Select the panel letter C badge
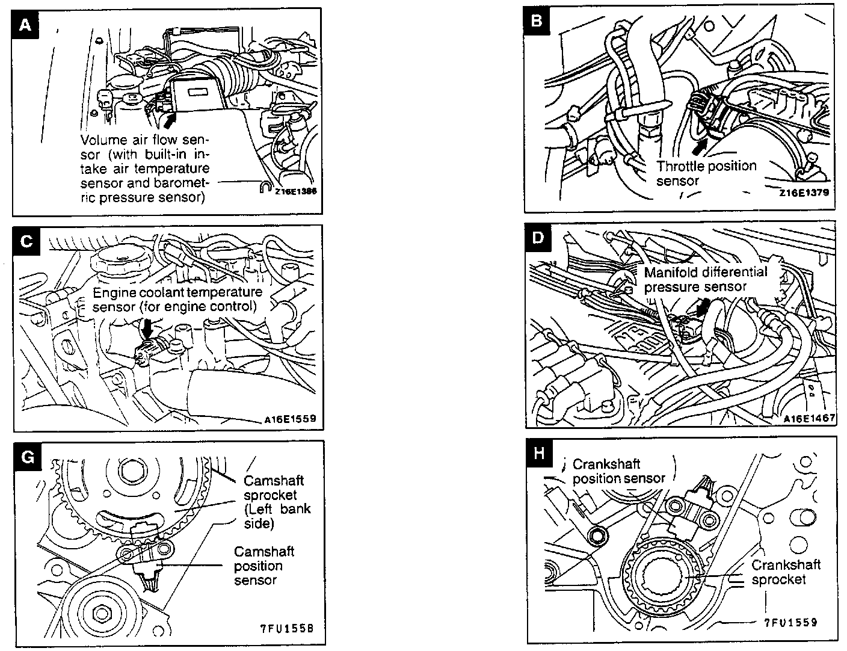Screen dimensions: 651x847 [26, 241]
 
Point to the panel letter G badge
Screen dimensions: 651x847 [27, 457]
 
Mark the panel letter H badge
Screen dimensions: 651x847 [539, 453]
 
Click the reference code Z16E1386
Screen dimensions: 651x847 [295, 191]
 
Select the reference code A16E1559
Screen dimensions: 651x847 [289, 419]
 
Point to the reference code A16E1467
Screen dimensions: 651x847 [810, 418]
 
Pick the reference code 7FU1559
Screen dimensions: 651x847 [790, 623]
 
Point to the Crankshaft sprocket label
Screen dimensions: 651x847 [786, 572]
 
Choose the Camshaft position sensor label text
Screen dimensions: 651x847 [257, 566]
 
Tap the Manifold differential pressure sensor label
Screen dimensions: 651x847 [705, 279]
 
